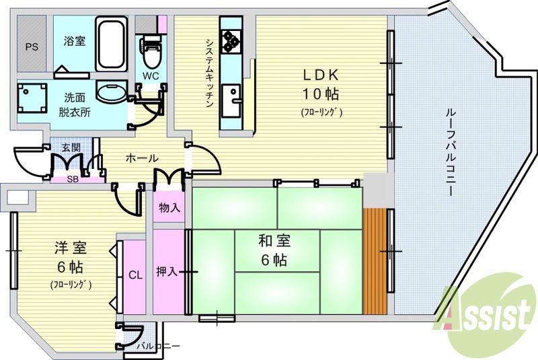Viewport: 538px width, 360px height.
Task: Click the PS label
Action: coord(31,46)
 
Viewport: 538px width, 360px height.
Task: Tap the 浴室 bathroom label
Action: coord(74,41)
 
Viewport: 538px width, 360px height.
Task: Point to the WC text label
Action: coord(149,75)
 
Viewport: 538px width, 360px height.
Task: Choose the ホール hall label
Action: coord(141,157)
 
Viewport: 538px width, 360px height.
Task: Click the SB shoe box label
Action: coord(71,178)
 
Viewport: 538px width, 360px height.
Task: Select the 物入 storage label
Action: coord(169,208)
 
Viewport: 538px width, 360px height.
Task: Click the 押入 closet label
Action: coord(167,271)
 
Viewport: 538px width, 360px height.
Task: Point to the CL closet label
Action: coord(135,274)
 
